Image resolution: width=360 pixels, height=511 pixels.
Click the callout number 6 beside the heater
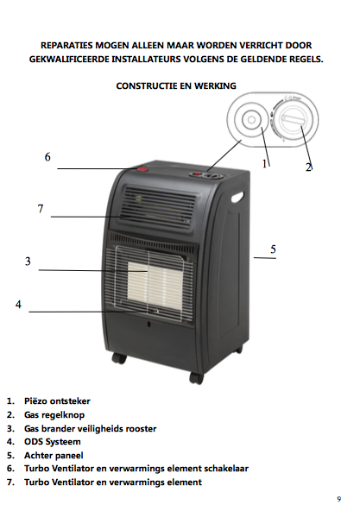(x=47, y=157)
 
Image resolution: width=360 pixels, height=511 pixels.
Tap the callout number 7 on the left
(x=41, y=209)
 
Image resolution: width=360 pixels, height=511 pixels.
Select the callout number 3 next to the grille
(x=28, y=262)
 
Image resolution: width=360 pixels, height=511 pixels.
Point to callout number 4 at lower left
(x=19, y=305)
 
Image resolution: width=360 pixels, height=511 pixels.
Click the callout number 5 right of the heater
(x=274, y=249)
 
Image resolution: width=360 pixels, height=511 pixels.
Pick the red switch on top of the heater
(x=142, y=169)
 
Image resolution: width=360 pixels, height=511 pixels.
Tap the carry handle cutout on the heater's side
(x=237, y=197)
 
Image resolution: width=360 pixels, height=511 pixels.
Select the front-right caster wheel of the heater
(x=196, y=378)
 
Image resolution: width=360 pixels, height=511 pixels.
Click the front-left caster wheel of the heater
(x=119, y=358)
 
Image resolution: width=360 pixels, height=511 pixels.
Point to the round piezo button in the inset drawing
(x=251, y=120)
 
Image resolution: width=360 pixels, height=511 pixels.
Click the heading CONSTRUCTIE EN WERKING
(x=176, y=86)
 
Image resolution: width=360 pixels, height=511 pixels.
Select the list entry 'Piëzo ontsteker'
(x=57, y=401)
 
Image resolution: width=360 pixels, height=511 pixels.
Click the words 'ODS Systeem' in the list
(x=52, y=442)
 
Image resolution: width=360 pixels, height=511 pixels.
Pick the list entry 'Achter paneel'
(x=54, y=455)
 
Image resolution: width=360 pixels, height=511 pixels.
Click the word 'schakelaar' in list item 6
(x=226, y=469)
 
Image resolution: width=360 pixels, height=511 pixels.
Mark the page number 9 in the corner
(x=339, y=499)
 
